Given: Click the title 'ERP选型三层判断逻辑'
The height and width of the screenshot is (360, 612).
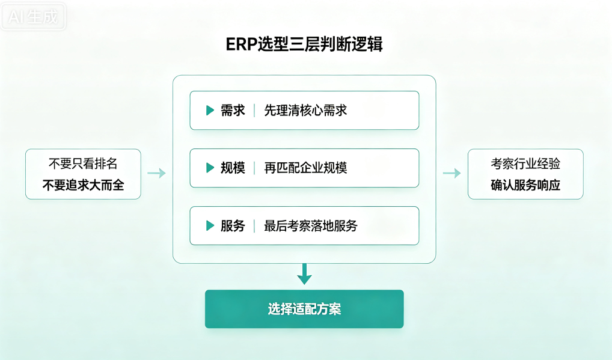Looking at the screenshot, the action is click(x=304, y=44).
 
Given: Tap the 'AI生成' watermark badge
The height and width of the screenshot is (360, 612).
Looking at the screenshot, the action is click(x=33, y=17).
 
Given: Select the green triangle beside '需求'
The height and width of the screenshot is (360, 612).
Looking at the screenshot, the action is click(x=210, y=111).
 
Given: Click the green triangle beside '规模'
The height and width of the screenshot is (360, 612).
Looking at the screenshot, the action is click(x=210, y=168).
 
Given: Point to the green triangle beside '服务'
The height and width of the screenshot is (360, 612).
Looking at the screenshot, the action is click(x=210, y=225).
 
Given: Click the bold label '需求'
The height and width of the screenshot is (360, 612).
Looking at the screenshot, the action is click(x=233, y=111).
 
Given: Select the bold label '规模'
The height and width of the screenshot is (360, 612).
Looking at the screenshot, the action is click(x=233, y=168).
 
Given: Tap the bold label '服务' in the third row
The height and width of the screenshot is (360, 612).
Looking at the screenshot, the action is click(x=233, y=225).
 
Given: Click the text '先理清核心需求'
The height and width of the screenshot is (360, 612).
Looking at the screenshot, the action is click(x=305, y=111).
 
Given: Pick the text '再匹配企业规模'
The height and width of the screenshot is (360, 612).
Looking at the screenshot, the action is click(x=305, y=168).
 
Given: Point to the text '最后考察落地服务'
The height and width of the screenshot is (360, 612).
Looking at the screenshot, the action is click(x=311, y=225).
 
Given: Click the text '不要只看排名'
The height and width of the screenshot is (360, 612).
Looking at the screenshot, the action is click(x=83, y=163).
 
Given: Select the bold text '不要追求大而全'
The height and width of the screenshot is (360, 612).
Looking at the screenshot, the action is click(x=83, y=185).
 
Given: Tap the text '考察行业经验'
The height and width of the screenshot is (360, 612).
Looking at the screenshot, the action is click(x=525, y=163).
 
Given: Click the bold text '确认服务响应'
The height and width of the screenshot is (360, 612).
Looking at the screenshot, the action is click(x=525, y=185).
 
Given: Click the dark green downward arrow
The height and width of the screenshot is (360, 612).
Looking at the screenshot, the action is click(x=304, y=274).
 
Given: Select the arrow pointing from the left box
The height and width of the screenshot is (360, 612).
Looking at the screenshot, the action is click(x=156, y=173).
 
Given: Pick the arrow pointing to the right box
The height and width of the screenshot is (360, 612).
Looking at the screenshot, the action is click(x=451, y=173).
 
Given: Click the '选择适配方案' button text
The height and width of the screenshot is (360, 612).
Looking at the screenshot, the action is click(x=304, y=309).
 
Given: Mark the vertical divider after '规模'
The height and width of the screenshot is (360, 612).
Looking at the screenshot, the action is click(x=254, y=168).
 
